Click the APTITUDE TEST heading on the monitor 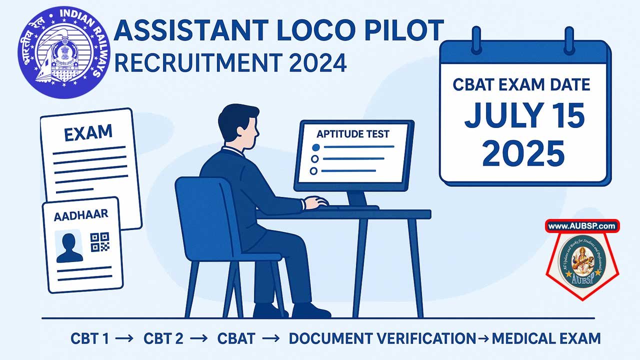[x=353, y=134]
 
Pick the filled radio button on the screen [x=315, y=147]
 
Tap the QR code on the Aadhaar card [x=99, y=242]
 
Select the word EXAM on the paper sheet [x=88, y=133]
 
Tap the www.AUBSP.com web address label [x=581, y=226]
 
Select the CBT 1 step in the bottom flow [x=89, y=338]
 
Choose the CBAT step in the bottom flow [x=236, y=338]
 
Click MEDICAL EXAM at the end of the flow [x=546, y=338]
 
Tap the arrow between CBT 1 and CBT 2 [x=125, y=339]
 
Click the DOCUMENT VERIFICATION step [x=382, y=338]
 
